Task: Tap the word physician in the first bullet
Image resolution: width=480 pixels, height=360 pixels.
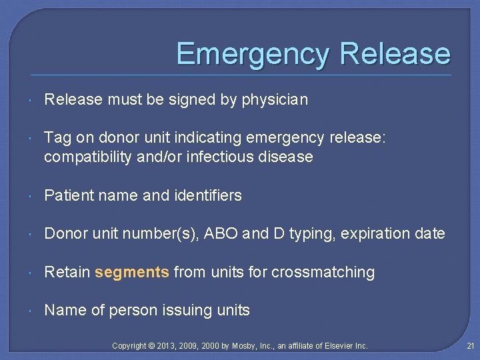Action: click(x=275, y=100)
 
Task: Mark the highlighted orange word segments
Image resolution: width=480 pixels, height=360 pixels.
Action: click(x=132, y=272)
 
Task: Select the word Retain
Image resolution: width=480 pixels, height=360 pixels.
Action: click(x=67, y=272)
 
